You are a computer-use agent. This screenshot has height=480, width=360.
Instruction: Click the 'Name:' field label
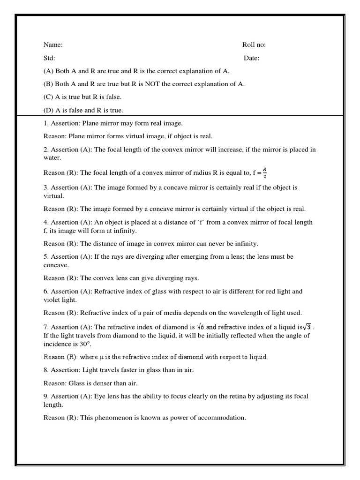pyautogui.click(x=53, y=45)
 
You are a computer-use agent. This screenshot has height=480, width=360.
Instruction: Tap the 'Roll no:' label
pyautogui.click(x=254, y=45)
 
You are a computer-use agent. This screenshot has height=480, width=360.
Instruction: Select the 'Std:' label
pyautogui.click(x=49, y=58)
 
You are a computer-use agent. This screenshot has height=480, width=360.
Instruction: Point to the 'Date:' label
pyautogui.click(x=251, y=58)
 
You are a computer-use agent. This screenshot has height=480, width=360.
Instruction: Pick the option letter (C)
pyautogui.click(x=48, y=97)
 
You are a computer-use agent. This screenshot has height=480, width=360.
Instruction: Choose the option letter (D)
pyautogui.click(x=49, y=111)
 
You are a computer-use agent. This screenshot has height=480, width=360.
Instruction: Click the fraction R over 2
pyautogui.click(x=265, y=172)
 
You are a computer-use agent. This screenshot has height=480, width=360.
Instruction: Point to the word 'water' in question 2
pyautogui.click(x=52, y=158)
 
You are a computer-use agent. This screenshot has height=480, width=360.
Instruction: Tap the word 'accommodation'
pyautogui.click(x=222, y=418)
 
